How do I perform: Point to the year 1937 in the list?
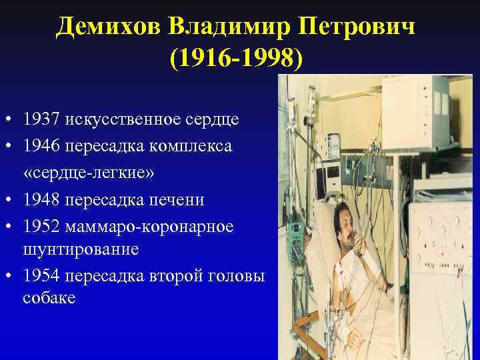(42, 121)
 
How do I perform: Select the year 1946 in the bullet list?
(42, 146)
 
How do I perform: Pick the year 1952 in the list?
(42, 227)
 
